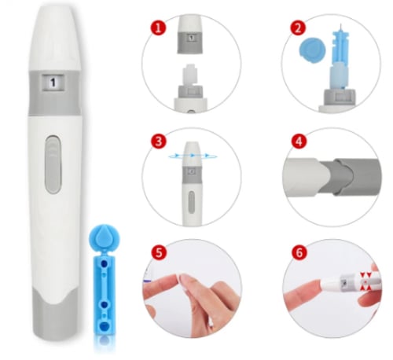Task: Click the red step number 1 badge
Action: [158, 28]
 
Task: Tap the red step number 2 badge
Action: [298, 28]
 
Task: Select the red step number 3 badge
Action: [159, 141]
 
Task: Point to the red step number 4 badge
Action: [299, 141]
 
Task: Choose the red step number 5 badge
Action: [159, 252]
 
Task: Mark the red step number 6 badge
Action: [299, 252]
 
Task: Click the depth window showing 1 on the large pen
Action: [53, 83]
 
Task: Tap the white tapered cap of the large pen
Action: [54, 38]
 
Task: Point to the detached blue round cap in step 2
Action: [313, 50]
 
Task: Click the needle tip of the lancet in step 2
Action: [341, 25]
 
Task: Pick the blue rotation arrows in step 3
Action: [193, 156]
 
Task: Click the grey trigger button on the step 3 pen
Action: [192, 201]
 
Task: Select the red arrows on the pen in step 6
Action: [366, 281]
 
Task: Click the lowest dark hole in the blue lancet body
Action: [104, 325]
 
